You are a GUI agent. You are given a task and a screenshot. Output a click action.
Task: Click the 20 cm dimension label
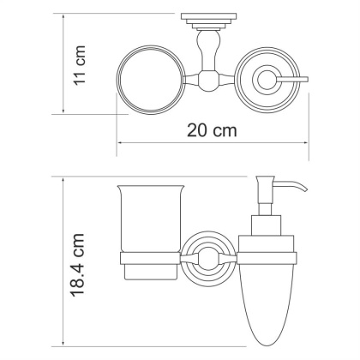point(211,130)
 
